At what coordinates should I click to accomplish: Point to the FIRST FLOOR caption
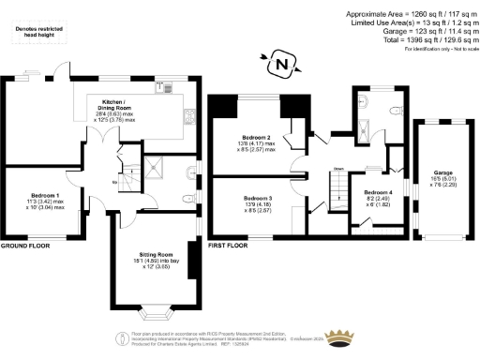coord(231,240)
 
